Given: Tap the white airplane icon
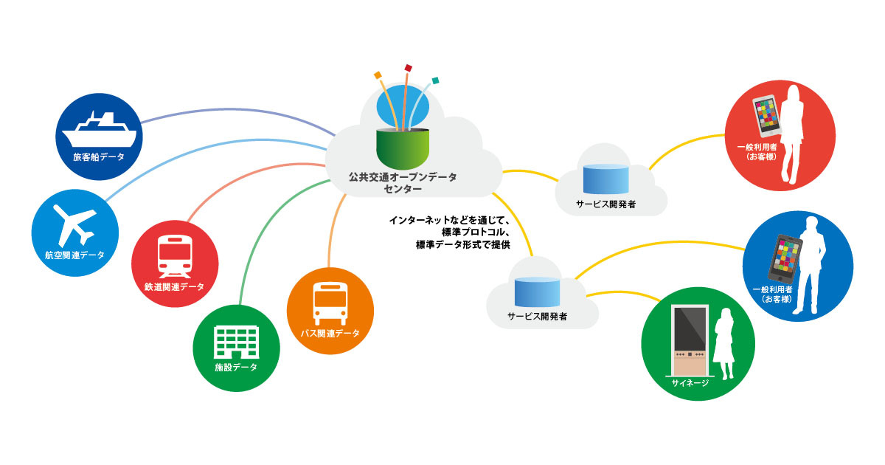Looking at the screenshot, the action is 74,225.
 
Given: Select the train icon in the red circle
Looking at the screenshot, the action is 175,257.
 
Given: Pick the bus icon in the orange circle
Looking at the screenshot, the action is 330,303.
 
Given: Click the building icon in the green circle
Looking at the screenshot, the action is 236,342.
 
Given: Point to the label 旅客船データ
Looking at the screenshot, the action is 99,157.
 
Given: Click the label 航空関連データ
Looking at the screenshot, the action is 74,255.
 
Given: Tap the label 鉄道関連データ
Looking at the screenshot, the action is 174,286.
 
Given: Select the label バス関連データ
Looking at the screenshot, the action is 330,334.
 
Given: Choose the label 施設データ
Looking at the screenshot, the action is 236,368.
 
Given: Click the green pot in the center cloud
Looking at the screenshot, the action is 403,148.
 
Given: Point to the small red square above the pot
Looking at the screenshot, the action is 408,68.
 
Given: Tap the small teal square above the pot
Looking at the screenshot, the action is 435,80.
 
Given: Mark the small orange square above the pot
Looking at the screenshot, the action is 378,75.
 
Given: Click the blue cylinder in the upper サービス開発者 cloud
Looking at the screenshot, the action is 606,179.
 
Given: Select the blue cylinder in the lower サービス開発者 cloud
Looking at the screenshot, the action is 537,292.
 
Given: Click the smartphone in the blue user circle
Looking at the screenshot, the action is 785,258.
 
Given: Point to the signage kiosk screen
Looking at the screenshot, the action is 690,329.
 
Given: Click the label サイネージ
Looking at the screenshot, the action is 690,383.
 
